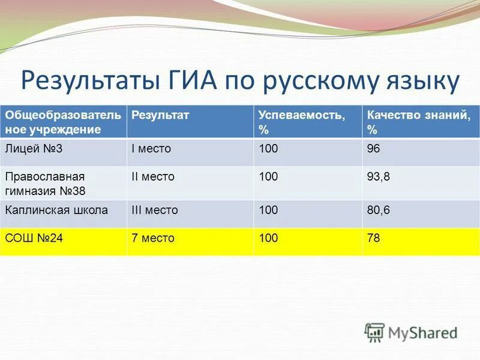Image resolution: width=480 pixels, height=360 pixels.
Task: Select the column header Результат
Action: (x=160, y=115)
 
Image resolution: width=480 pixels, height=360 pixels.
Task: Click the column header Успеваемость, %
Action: (x=301, y=122)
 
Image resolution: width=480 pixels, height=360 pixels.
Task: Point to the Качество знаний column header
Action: (x=418, y=122)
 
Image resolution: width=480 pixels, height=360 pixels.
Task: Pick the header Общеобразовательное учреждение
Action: (x=62, y=122)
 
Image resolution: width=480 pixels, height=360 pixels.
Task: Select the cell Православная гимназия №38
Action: (x=45, y=184)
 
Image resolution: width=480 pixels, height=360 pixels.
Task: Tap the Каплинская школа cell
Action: (x=56, y=210)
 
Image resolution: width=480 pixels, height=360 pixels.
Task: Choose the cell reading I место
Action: (x=151, y=148)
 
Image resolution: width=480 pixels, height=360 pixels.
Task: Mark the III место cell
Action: (x=154, y=210)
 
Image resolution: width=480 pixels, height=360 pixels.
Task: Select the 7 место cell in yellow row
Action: (x=152, y=238)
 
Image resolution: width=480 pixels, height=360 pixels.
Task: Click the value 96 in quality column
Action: (x=373, y=148)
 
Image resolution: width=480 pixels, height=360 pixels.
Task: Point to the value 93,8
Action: (x=378, y=176)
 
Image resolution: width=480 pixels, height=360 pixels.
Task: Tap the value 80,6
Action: (x=378, y=210)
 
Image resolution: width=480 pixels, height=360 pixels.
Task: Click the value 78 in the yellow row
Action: (x=373, y=238)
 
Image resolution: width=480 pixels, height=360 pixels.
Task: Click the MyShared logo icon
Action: (x=375, y=332)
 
